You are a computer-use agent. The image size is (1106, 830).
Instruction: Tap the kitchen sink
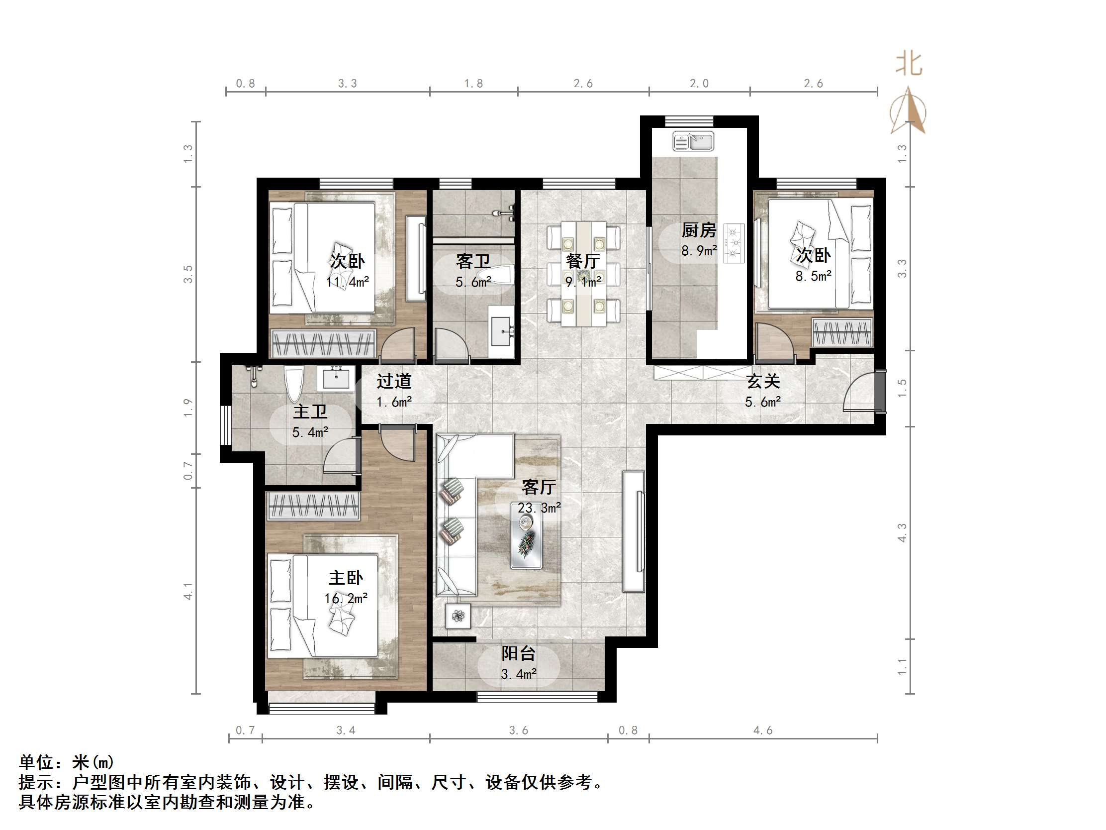[x=693, y=141]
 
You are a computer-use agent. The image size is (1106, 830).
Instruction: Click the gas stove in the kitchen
[x=734, y=243]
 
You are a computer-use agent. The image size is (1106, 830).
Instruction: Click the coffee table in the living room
[x=526, y=535]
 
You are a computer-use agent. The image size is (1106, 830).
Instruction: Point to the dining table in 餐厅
[x=583, y=274]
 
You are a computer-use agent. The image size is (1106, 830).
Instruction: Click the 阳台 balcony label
[x=518, y=653]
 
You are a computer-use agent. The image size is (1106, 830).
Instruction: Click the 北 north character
[x=909, y=64]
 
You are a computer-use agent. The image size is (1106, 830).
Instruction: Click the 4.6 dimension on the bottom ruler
[x=762, y=730]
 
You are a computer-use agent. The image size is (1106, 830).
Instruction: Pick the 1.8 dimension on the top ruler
[x=473, y=84]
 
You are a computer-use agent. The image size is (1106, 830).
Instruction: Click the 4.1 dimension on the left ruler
[x=188, y=591]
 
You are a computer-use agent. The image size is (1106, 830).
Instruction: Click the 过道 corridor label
[x=393, y=381]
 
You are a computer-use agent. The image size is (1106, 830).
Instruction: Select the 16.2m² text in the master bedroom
[x=346, y=598]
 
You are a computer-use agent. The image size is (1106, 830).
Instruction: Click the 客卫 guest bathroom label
[x=472, y=261]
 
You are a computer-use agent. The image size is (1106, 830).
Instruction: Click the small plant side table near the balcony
[x=458, y=616]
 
